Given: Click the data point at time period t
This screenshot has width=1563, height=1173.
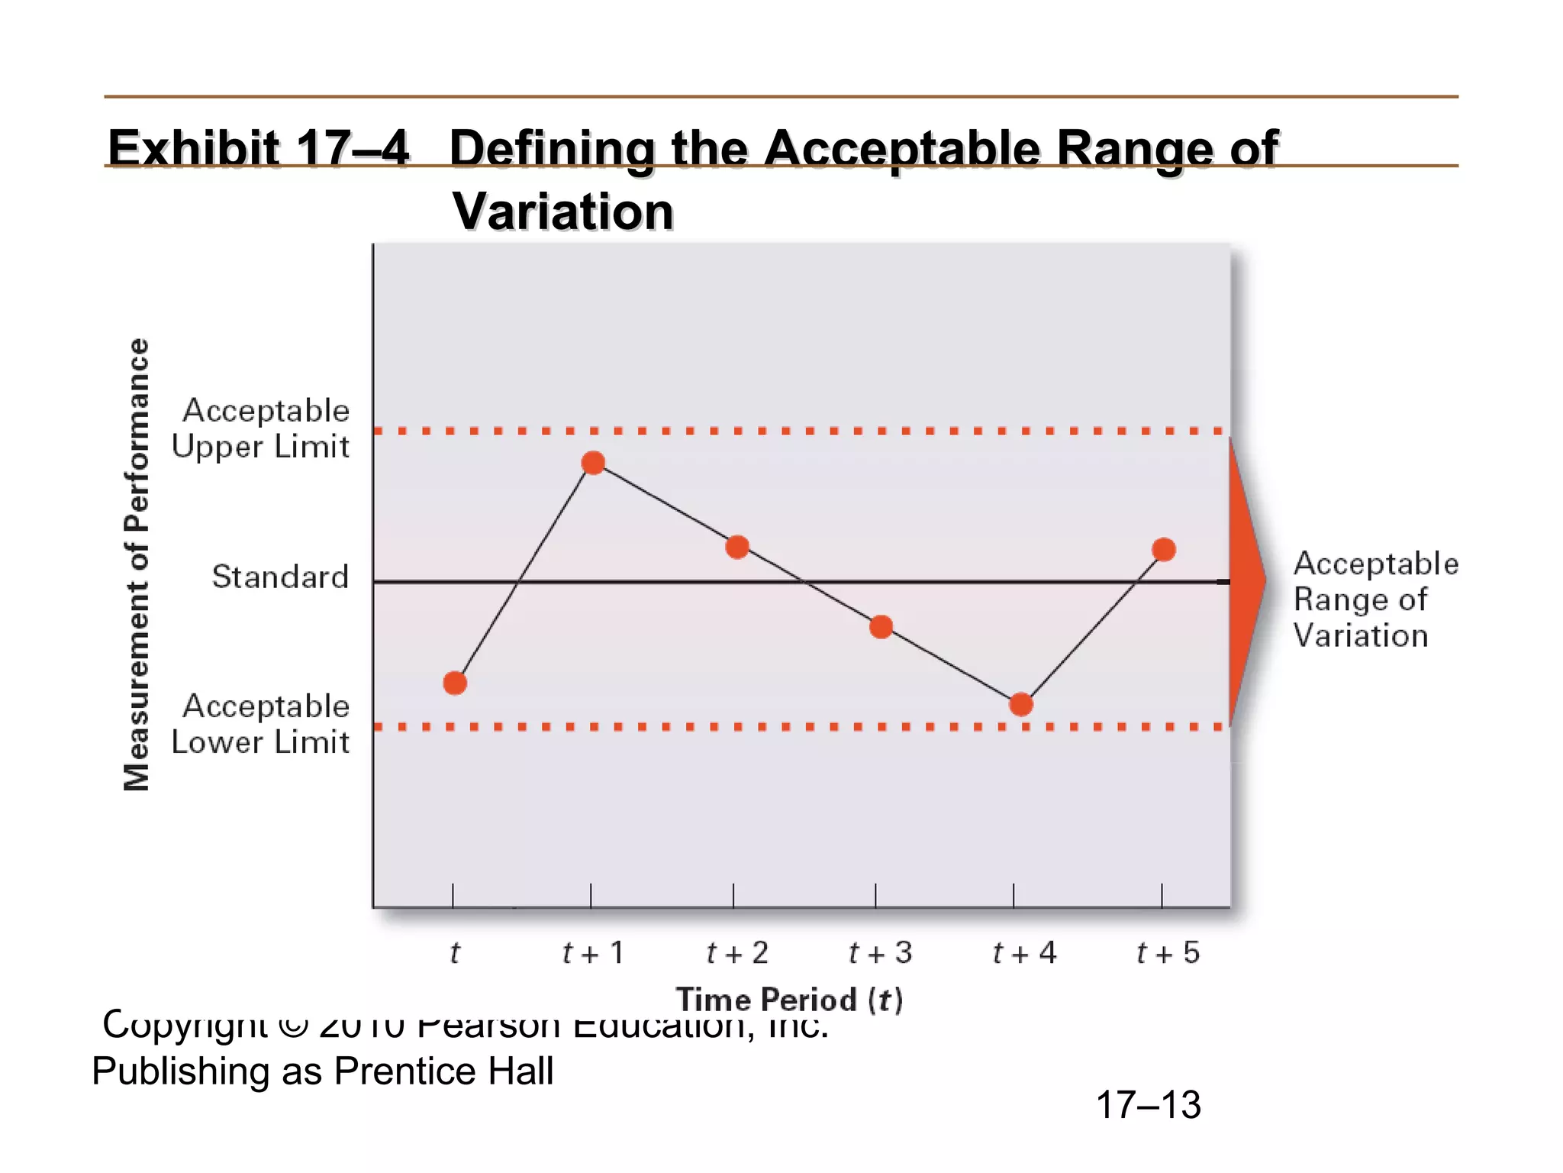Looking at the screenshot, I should tap(455, 683).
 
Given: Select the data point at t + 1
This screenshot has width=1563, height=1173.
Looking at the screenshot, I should tap(593, 463).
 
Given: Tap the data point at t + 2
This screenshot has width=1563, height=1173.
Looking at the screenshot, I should tap(737, 547).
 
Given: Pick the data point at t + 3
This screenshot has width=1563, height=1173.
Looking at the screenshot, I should tap(881, 627).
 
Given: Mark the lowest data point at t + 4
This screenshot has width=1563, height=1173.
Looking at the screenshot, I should tap(1021, 704).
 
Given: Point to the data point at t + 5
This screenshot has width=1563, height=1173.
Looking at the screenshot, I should tap(1164, 549).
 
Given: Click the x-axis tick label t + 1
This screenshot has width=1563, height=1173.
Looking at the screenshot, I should tap(593, 953).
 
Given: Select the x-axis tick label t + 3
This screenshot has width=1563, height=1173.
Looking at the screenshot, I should tap(881, 953).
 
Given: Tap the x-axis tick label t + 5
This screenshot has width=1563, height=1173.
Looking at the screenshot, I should tap(1168, 953).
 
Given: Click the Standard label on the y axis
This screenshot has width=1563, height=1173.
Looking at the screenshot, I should tap(280, 577).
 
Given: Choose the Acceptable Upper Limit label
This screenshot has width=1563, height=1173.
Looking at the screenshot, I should tap(261, 428).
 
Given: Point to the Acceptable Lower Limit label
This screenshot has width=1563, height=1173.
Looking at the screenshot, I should tap(261, 724).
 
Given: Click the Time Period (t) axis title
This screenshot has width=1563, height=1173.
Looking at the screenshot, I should tap(789, 1000).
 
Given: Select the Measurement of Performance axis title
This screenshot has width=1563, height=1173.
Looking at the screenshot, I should tap(137, 565).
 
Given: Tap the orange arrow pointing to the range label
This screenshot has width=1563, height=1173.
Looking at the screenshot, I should tap(1246, 580).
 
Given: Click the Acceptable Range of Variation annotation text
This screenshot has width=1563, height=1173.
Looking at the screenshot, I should tap(1375, 599).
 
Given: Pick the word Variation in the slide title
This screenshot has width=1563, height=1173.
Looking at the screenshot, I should tap(563, 211).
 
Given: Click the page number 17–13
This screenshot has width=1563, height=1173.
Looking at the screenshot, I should tap(1148, 1105).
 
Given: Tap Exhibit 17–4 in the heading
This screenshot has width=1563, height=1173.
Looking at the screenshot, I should tap(259, 147).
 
